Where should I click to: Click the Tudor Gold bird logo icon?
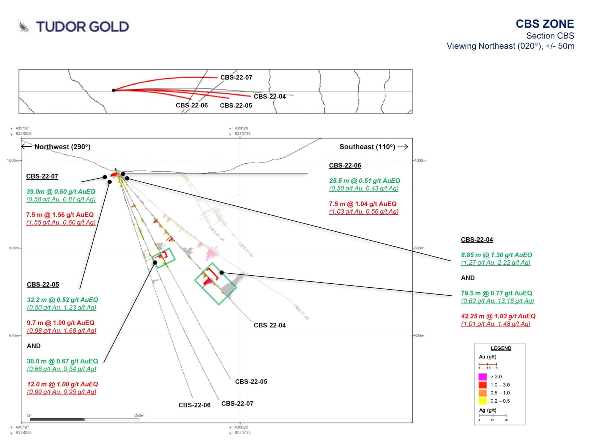point(24,27)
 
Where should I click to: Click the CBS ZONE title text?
point(544,24)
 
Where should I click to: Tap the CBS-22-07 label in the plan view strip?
point(236,77)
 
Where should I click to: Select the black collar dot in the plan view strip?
point(114,90)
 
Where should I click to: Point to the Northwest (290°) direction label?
point(62,147)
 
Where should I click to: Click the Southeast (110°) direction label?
point(367,147)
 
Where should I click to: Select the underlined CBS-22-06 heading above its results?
point(345,166)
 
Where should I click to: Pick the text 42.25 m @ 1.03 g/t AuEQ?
point(498,316)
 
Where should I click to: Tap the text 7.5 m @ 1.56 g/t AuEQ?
point(60,215)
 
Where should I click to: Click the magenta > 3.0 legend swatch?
point(482,377)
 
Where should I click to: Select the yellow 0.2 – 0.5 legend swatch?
point(482,401)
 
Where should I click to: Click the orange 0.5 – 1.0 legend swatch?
point(482,393)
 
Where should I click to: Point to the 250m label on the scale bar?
point(139,416)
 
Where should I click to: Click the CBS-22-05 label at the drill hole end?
point(251,382)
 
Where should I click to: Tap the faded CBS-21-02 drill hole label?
point(301,312)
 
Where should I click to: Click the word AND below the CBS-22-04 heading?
point(468,278)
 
